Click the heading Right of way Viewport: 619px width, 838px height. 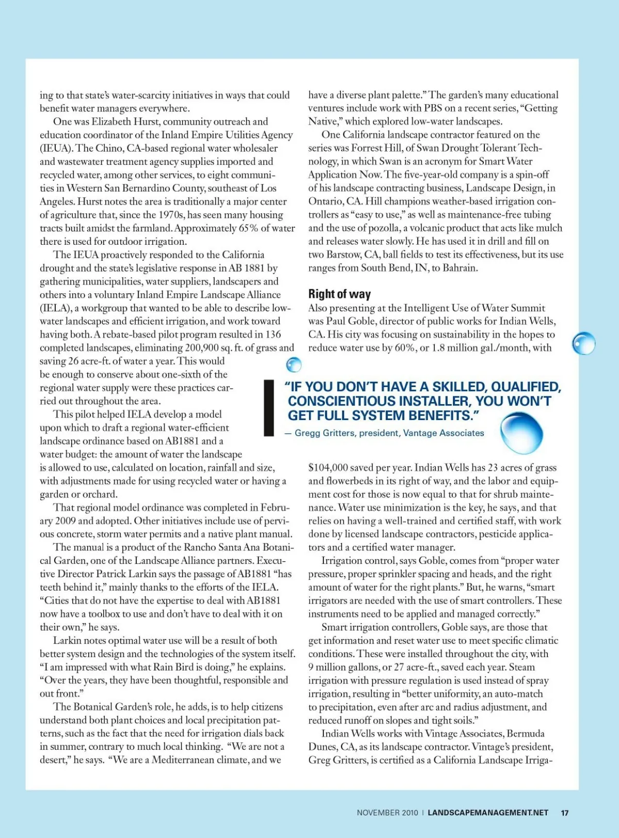click(x=339, y=294)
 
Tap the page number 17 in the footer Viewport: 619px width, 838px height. click(x=564, y=813)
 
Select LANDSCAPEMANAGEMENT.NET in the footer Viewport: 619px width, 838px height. click(x=487, y=813)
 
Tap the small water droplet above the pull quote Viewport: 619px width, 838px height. click(x=294, y=364)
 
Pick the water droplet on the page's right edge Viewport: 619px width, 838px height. click(x=584, y=343)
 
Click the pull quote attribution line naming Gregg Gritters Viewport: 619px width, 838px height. click(x=385, y=433)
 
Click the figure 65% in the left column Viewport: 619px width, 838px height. click(x=248, y=228)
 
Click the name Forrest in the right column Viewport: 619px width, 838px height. click(x=367, y=148)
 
